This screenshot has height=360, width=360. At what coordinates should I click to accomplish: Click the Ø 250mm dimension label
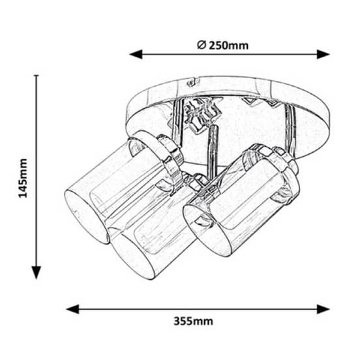(x=222, y=45)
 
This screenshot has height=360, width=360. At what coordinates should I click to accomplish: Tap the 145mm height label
(x=23, y=178)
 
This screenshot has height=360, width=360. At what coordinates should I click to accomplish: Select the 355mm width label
(x=193, y=321)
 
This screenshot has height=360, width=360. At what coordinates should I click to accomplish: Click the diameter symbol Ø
(x=202, y=45)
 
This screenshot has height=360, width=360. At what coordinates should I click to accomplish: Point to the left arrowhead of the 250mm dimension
(x=136, y=54)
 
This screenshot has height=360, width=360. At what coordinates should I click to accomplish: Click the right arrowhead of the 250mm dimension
(x=323, y=54)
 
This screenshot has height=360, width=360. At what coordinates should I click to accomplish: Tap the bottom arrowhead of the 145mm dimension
(x=37, y=273)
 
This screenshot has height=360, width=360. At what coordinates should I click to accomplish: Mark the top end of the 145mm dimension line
(x=37, y=75)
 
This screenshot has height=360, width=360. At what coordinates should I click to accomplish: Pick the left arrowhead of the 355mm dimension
(x=72, y=309)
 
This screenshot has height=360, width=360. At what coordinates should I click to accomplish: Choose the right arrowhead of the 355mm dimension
(x=323, y=309)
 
